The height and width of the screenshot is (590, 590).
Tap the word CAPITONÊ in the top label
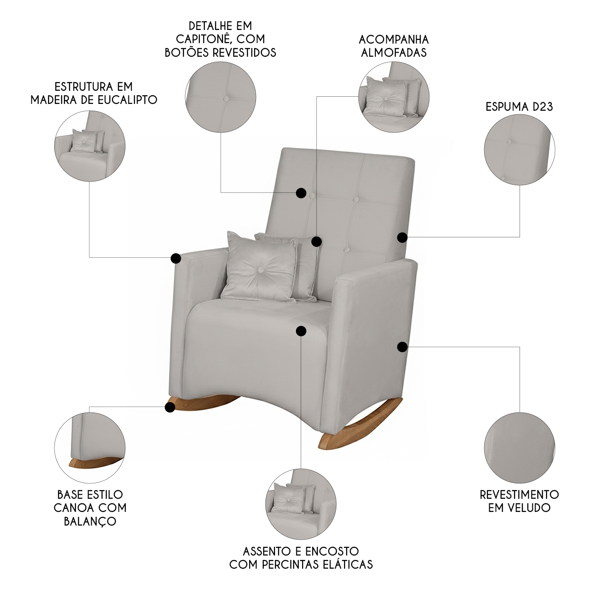click(201, 39)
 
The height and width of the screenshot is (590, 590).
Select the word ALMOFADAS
click(394, 53)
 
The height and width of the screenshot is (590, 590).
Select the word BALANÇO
click(90, 521)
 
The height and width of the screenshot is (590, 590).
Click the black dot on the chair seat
click(301, 331)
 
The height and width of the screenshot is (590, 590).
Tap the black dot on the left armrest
click(176, 258)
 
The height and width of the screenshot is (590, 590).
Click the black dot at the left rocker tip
click(170, 408)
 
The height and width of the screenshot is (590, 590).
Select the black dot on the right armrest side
click(402, 347)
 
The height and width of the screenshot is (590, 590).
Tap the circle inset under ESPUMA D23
click(519, 150)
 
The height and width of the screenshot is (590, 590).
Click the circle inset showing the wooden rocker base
click(90, 448)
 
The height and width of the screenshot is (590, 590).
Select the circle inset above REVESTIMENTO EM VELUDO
click(519, 448)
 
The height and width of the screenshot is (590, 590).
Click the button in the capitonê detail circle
click(226, 98)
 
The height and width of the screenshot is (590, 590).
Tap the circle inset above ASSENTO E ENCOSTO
click(300, 504)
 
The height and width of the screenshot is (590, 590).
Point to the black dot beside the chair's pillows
click(317, 241)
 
